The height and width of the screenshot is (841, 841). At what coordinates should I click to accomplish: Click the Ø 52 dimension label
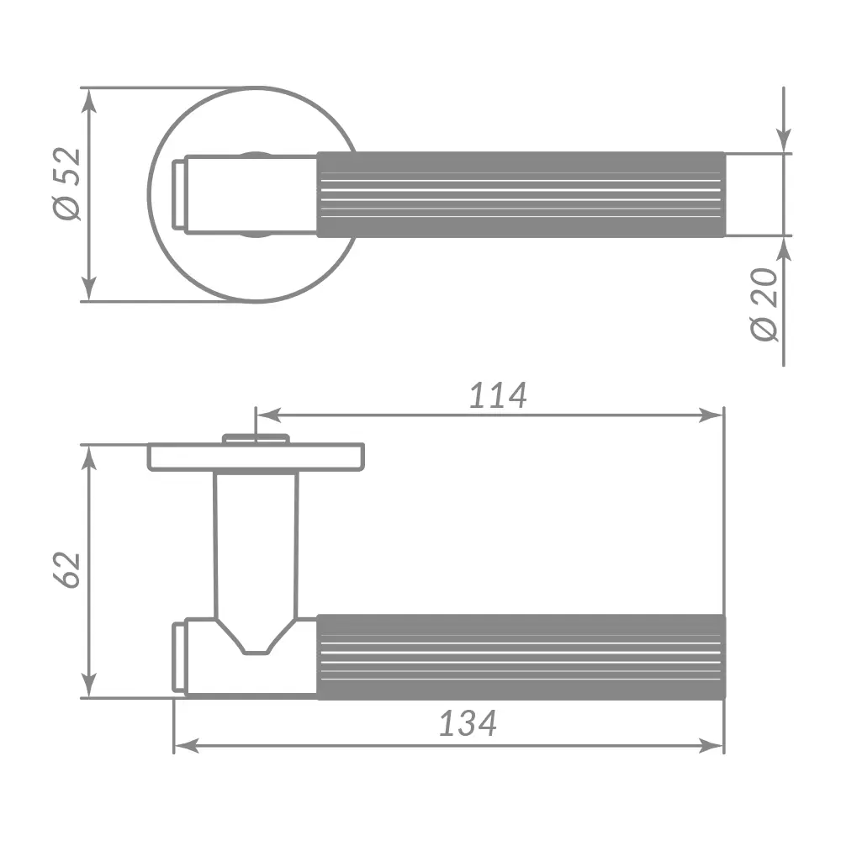tap(66, 184)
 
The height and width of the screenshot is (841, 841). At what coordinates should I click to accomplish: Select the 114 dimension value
tap(498, 395)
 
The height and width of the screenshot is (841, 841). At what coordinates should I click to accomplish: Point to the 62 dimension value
tap(67, 570)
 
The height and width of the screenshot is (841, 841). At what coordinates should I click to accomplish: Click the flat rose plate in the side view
tap(256, 457)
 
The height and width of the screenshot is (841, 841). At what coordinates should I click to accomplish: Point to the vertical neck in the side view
tap(256, 547)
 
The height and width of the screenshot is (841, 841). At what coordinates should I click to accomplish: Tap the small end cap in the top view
tap(178, 195)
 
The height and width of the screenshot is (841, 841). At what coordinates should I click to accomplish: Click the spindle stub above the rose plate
tap(256, 438)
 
